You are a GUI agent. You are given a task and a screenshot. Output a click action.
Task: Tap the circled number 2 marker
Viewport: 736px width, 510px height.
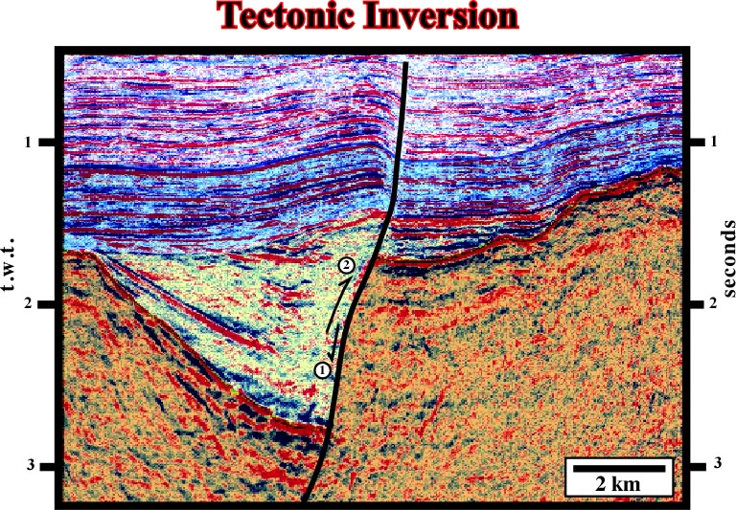click(x=346, y=266)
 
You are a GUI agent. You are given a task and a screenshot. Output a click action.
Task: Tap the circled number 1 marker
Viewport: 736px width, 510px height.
click(x=322, y=370)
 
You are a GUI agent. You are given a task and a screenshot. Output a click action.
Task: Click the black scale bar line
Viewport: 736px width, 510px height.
click(x=619, y=468)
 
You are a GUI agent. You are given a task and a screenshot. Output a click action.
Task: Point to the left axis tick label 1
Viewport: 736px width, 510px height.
click(x=28, y=141)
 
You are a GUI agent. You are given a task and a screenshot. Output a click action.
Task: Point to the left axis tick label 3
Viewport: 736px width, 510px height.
click(x=31, y=465)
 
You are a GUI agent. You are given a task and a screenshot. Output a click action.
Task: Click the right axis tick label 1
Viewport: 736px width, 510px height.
click(x=713, y=141)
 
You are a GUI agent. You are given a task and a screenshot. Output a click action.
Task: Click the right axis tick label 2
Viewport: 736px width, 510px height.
click(x=713, y=303)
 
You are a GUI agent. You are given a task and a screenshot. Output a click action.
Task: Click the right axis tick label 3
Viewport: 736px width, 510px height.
click(x=718, y=464)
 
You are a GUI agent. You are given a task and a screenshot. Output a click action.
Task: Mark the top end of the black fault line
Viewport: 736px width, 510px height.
click(x=406, y=62)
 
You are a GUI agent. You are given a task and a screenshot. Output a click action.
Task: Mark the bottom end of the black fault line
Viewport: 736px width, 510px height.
click(x=304, y=501)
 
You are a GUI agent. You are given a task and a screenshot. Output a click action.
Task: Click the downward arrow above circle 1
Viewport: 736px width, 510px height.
click(x=334, y=344)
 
